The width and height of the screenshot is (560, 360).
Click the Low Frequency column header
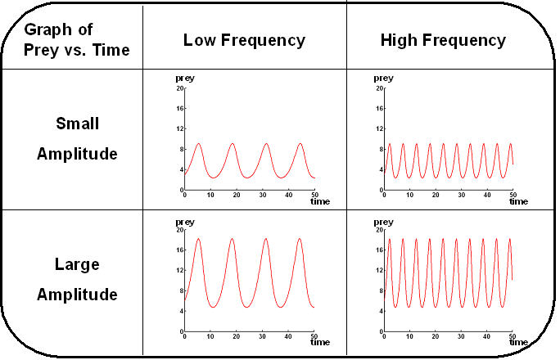244,40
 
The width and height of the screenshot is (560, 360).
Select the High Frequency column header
443,40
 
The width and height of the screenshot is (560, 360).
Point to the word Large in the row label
77,264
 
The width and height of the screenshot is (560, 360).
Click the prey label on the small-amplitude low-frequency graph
185,79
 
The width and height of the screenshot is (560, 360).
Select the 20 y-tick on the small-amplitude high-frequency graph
379,88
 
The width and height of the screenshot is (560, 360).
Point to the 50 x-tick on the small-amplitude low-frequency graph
315,195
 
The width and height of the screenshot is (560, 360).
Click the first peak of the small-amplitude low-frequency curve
198,144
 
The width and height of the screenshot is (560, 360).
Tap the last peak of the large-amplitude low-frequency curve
300,239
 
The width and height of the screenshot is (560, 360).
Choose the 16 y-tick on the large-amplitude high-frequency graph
379,250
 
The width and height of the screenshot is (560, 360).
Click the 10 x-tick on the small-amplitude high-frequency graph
409,195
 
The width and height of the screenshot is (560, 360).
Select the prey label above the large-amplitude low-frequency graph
185,221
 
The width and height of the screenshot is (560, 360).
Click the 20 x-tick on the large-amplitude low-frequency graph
237,336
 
